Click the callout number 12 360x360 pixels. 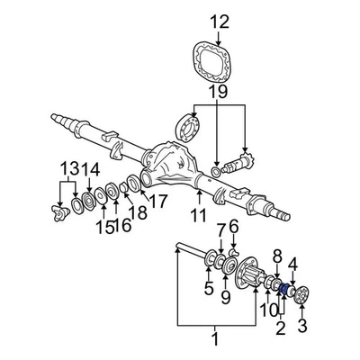point(220,22)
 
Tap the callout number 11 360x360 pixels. point(198,215)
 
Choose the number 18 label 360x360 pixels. point(138,212)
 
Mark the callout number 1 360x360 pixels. point(214,339)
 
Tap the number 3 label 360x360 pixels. point(302,325)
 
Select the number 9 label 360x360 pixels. point(227,297)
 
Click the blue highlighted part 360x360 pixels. point(285,289)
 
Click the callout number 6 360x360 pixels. point(233,226)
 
